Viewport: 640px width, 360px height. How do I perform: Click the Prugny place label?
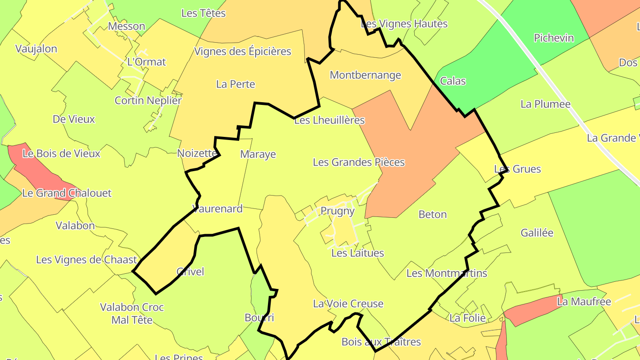coord(337,211)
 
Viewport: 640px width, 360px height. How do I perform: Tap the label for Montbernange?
coord(365,75)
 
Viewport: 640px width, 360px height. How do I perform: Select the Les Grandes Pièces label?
coord(359,162)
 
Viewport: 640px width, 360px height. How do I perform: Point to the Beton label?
coord(432,215)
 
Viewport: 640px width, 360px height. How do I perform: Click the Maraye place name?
coord(258,155)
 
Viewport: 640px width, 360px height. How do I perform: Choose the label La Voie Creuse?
coord(348,304)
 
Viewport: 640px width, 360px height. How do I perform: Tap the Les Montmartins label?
coord(447,273)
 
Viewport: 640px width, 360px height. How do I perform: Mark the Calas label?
coord(452,81)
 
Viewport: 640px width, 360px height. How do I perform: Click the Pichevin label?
coord(554,38)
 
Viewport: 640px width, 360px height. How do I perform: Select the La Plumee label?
coord(545,104)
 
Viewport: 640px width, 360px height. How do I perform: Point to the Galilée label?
coord(537,233)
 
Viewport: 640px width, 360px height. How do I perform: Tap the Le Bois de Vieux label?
coord(61,154)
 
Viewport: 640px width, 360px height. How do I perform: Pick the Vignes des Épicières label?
coord(242,52)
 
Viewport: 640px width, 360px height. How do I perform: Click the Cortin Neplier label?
coord(148,100)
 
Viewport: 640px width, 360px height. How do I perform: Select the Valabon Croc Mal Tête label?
coord(132,313)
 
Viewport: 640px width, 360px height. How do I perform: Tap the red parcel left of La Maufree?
coord(531,311)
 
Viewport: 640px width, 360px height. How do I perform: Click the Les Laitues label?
coord(357,253)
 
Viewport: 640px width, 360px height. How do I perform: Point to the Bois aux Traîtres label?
coord(381,342)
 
